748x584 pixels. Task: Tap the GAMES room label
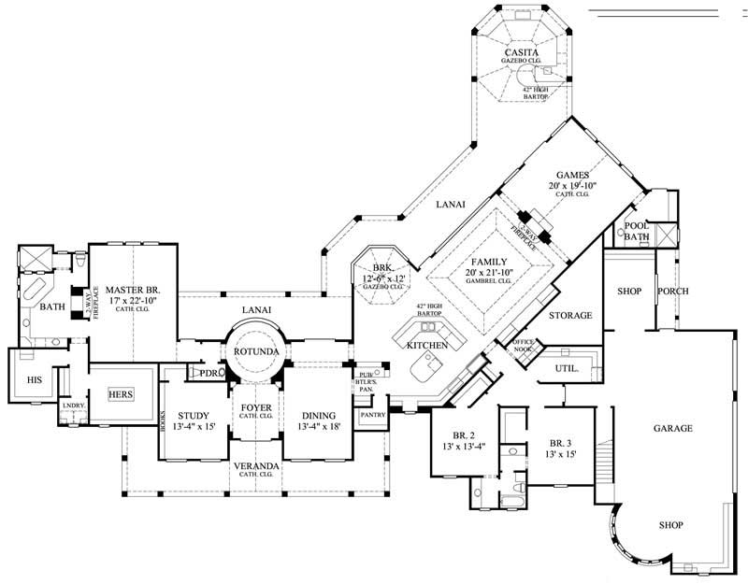[x=571, y=175]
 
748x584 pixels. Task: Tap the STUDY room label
[x=193, y=416]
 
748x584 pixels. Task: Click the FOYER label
[x=256, y=408]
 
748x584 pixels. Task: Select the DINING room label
[x=319, y=416]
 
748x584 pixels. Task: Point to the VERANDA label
[x=256, y=464]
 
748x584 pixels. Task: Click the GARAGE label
[x=672, y=429]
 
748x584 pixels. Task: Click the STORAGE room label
[x=570, y=316]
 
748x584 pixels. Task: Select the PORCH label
[x=672, y=292]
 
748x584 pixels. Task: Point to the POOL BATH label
[x=637, y=231]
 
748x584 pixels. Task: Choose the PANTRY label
[x=373, y=414]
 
